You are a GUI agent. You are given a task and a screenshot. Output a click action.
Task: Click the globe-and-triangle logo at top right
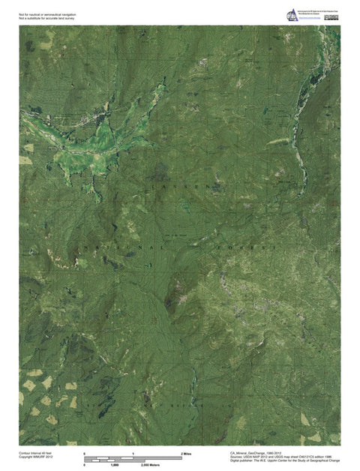coord(291,15)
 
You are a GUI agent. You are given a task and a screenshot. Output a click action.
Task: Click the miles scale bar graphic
coord(133,457)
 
